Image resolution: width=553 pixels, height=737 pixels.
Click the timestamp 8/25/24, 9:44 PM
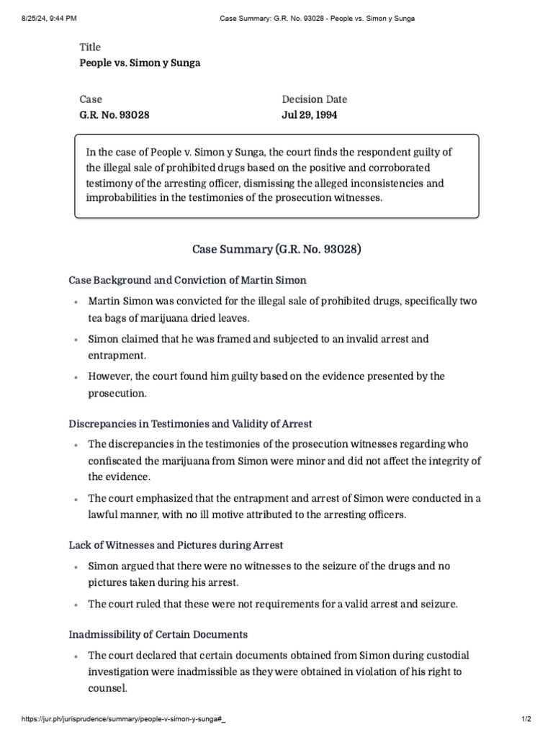pos(41,18)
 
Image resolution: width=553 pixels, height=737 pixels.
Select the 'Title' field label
pos(90,48)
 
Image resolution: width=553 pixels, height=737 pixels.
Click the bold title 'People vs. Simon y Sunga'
pos(140,63)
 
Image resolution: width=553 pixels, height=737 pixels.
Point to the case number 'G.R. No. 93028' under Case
pos(114,114)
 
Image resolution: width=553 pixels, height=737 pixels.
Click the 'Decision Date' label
pos(314,99)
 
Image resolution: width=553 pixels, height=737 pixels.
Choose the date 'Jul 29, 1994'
pos(310,114)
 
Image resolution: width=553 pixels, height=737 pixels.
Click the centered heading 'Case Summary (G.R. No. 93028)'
pos(276,250)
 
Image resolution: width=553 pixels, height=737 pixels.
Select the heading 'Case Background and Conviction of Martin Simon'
pos(187,279)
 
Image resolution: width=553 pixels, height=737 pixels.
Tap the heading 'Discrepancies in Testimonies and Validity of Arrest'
pos(190,423)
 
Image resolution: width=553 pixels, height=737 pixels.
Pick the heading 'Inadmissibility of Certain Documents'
pos(158,634)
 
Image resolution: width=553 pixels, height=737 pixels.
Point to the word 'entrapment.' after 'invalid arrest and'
pos(117,356)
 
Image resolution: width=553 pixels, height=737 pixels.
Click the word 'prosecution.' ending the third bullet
pos(117,393)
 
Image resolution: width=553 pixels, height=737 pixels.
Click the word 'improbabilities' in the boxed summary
pos(122,197)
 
